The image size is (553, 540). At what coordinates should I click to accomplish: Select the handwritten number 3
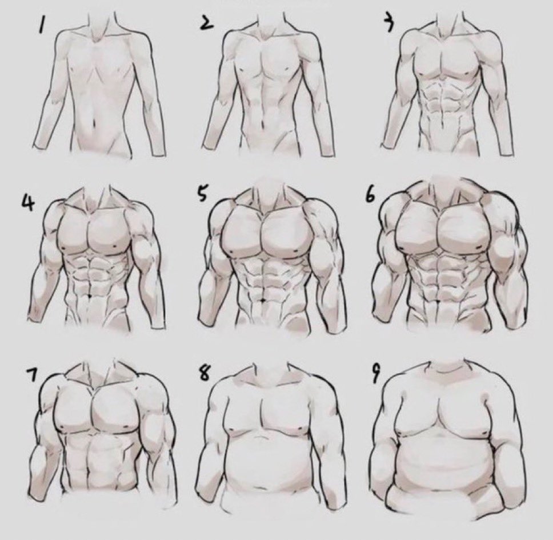(x=388, y=23)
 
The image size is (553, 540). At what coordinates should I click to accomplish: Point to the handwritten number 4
(x=27, y=202)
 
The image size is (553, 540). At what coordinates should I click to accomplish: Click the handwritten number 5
(x=202, y=194)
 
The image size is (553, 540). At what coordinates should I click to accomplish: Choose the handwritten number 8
(x=203, y=373)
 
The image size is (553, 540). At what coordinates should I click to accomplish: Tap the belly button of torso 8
(x=262, y=488)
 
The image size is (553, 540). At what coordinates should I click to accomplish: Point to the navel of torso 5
(x=262, y=299)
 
